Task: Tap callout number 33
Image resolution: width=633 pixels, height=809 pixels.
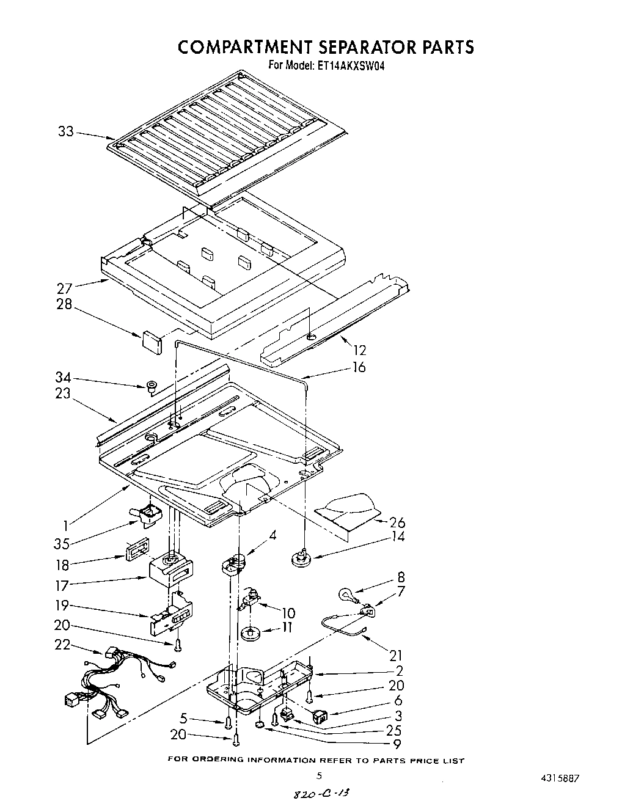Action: pos(66,131)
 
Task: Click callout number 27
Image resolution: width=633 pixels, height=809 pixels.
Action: pos(65,288)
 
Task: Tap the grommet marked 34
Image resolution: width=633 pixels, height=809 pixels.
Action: pos(150,386)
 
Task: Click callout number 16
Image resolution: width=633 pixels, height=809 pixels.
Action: pos(359,367)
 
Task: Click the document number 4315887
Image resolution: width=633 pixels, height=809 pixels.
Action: pos(556,778)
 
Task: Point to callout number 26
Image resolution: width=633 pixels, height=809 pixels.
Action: pos(397,522)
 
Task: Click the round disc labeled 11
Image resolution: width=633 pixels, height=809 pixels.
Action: pos(249,634)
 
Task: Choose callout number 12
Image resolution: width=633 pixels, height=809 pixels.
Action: pos(359,350)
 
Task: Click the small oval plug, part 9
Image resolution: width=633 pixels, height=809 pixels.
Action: pos(260,725)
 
